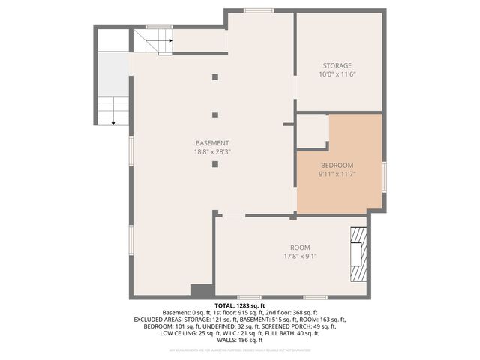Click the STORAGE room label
click(337, 66)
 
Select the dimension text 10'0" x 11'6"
click(337, 74)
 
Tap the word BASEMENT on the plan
click(212, 143)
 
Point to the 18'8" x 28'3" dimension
click(212, 151)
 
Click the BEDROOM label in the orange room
click(337, 166)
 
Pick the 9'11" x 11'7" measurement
click(337, 174)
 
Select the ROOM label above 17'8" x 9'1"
click(300, 247)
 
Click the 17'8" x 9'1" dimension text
click(300, 256)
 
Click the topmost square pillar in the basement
click(215, 76)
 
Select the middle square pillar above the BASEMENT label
click(215, 115)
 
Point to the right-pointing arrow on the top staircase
click(170, 41)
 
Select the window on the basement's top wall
click(259, 10)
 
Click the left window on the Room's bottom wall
click(250, 297)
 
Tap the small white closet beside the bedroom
click(313, 130)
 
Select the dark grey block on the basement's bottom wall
click(201, 290)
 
